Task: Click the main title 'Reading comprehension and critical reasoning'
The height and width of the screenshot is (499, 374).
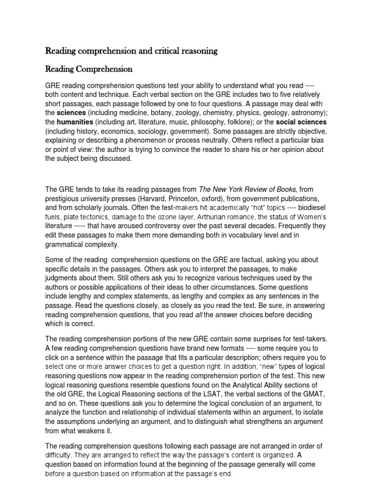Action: point(131,51)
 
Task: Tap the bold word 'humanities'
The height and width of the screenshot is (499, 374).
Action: point(74,122)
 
